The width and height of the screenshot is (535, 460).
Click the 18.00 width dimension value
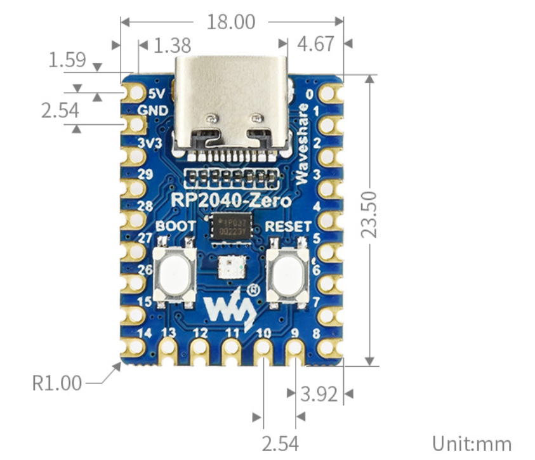pos(231,22)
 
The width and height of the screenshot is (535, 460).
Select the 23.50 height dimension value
pos(369,214)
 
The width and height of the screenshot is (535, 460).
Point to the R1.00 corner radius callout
pos(57,383)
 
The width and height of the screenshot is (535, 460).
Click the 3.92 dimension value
pos(319,394)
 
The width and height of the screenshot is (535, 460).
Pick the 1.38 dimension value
pos(173,46)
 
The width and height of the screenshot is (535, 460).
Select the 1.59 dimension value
pos(67,60)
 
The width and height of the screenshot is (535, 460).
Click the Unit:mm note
pos(472,443)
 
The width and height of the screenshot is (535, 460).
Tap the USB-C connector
pos(232,108)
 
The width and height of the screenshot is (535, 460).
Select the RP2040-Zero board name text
pos(232,201)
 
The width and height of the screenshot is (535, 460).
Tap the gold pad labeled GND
pos(135,124)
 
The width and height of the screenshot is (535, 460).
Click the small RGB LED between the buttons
pos(227,267)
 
